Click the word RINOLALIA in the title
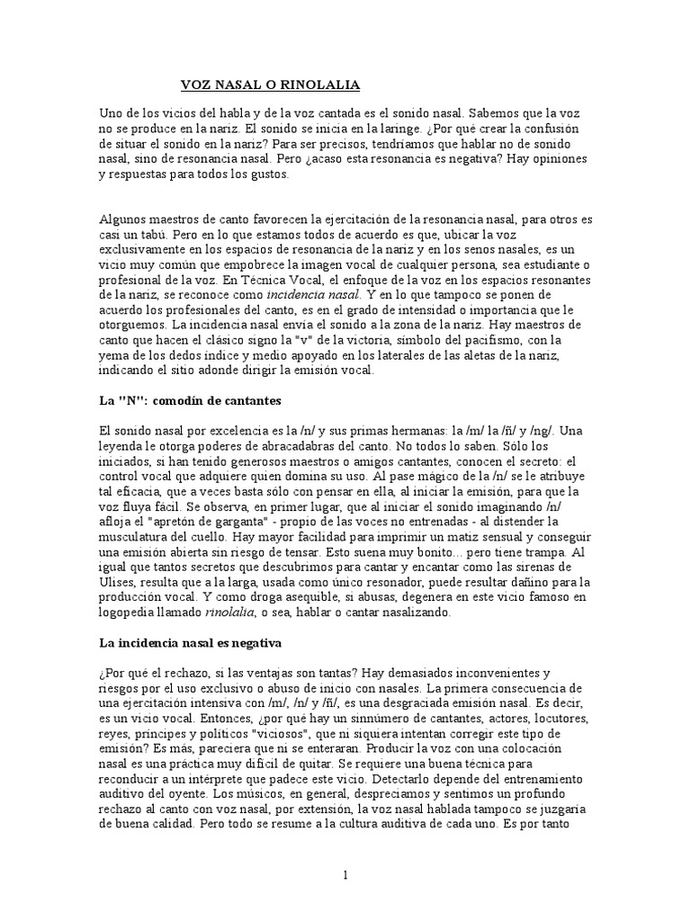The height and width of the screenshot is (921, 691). click(x=319, y=85)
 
